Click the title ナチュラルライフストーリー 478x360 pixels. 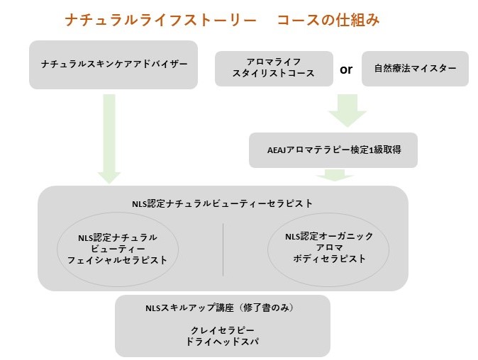click(160, 20)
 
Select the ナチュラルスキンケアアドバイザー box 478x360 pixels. click(113, 64)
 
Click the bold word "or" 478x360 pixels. click(346, 69)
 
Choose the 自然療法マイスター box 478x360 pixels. click(415, 69)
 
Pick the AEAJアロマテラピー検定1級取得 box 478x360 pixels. click(333, 150)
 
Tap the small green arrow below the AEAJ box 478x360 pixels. click(334, 175)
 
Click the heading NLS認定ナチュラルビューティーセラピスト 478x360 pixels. click(223, 203)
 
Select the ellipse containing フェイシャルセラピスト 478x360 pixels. click(118, 249)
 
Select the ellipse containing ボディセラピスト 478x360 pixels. click(328, 247)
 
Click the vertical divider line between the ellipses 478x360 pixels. click(223, 249)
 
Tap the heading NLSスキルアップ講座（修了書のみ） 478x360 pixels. click(220, 308)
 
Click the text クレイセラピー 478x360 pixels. click(223, 331)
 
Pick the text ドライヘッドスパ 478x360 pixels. click(223, 342)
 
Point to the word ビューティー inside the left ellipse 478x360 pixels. click(118, 249)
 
